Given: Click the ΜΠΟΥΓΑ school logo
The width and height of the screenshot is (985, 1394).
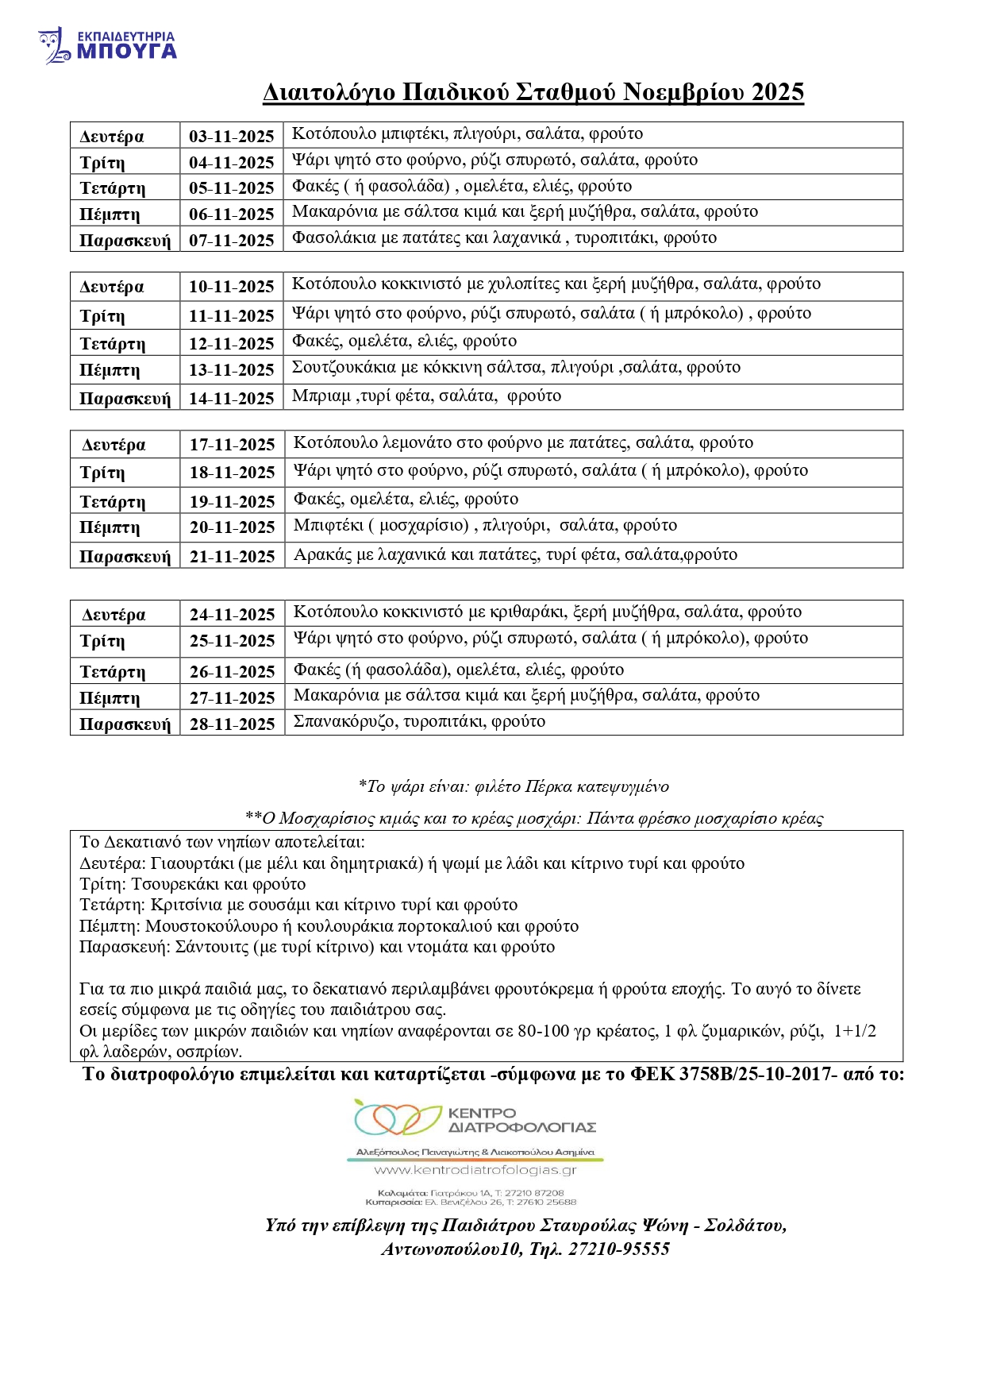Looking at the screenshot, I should pyautogui.click(x=107, y=45).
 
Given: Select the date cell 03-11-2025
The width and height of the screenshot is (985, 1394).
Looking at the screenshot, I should pyautogui.click(x=231, y=136).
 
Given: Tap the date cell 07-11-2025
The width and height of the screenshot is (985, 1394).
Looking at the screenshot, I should pyautogui.click(x=231, y=240).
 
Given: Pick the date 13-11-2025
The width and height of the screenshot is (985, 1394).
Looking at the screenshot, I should pyautogui.click(x=231, y=370).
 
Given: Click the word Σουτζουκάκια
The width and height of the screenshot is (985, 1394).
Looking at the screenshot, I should pyautogui.click(x=343, y=367).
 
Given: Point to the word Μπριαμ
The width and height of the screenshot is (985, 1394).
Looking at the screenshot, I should pyautogui.click(x=321, y=396).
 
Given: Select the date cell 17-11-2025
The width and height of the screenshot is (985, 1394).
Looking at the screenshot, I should pyautogui.click(x=232, y=445).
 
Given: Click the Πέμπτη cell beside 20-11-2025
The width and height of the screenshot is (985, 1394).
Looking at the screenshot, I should pyautogui.click(x=110, y=527).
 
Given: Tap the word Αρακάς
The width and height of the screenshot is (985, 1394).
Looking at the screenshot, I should pyautogui.click(x=322, y=554).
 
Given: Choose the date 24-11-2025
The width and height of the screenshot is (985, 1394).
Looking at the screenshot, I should pyautogui.click(x=232, y=614).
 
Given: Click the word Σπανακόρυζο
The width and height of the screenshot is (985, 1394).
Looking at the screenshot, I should pyautogui.click(x=344, y=721).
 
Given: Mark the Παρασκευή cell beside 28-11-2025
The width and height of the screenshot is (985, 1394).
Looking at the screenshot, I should pyautogui.click(x=125, y=724).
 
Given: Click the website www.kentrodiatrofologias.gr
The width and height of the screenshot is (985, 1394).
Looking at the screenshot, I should pyautogui.click(x=475, y=1170).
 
